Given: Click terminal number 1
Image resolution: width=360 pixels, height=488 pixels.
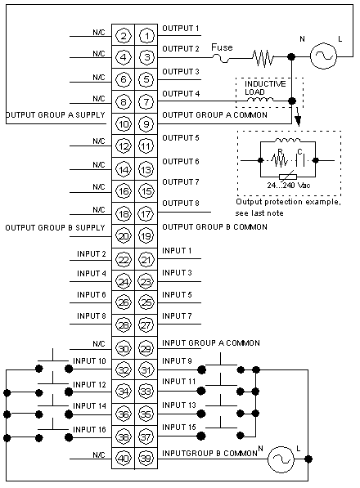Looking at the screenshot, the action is coord(146,36).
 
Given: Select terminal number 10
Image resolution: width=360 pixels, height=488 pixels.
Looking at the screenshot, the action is coord(124,124).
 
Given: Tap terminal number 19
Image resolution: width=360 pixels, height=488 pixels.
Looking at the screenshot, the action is coord(146,236).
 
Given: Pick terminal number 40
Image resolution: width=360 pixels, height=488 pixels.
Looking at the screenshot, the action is coord(124,458).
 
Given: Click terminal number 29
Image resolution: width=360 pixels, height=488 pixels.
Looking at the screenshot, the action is coord(146,348).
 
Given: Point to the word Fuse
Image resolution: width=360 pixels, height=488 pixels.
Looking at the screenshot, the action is coord(222,47).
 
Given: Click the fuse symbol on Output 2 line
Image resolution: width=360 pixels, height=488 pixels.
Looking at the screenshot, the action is coord(222,58).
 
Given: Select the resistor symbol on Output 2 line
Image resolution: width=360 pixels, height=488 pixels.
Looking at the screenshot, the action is coord(263,57).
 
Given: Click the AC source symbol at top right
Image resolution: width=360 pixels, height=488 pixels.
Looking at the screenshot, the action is coord(323,56).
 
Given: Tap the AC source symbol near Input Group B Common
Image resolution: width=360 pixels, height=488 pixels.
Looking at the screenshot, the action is coord(281,459).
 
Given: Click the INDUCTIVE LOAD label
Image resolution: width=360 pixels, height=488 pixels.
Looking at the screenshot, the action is coord(265,87).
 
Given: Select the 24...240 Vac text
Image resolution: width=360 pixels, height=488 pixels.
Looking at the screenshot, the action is coord(289,186).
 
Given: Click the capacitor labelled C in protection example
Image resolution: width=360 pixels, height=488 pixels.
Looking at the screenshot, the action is coord(300,160).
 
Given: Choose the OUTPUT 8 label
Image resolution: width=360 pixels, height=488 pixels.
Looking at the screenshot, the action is coord(181,204).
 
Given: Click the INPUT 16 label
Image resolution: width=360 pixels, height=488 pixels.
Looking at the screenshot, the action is coord(89,429).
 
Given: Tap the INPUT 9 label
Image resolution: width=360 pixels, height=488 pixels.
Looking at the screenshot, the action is coord(177,361).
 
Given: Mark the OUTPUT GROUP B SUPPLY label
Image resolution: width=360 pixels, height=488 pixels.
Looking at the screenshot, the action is coord(55,228).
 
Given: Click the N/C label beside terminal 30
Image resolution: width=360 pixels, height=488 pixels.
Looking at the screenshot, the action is coord(99,344).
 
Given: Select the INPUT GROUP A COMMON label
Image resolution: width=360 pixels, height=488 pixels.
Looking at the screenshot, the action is coord(211,343).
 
